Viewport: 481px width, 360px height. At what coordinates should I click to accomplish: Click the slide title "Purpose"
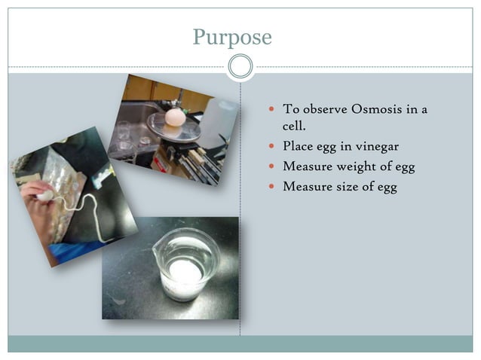(x=231, y=36)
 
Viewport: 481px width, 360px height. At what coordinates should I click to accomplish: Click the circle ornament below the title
(x=240, y=67)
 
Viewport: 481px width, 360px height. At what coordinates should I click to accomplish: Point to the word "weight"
(x=359, y=166)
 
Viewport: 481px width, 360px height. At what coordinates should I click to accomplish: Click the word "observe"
(x=323, y=109)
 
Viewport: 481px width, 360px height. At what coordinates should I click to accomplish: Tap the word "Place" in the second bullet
(x=299, y=146)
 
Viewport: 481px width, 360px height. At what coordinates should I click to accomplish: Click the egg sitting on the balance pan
(x=175, y=117)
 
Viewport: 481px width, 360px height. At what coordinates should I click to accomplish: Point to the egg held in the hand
(x=44, y=195)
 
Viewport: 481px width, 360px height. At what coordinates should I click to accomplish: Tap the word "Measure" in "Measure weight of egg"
(x=307, y=166)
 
